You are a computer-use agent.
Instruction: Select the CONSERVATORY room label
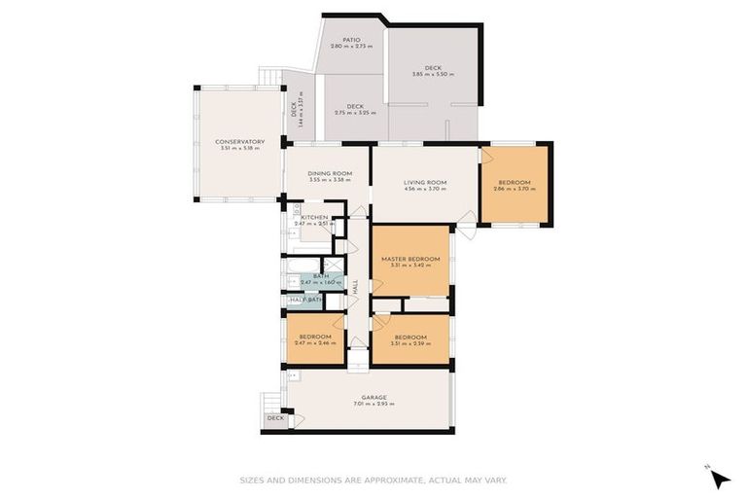(x=239, y=142)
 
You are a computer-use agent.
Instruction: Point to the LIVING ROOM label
(x=425, y=183)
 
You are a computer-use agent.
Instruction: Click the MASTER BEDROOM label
(x=410, y=259)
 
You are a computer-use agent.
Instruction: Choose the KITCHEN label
(x=314, y=218)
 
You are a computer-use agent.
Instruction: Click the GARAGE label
(x=374, y=397)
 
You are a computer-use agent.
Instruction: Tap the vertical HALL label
(x=356, y=287)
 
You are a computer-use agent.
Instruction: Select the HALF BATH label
(x=306, y=300)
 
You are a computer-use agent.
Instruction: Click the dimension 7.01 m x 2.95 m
(x=374, y=404)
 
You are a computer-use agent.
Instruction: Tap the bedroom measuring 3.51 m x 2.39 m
(x=409, y=338)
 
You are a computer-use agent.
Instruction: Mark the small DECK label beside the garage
(x=275, y=418)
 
